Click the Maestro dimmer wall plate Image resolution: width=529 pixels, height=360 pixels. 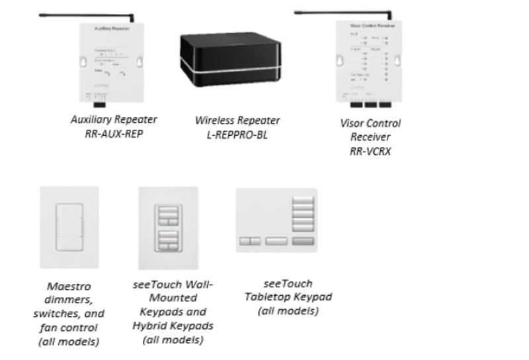tap(69, 227)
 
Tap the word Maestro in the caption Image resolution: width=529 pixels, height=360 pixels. tap(69, 287)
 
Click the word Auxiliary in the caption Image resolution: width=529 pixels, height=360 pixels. tap(91, 120)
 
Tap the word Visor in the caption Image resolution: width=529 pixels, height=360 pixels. tap(352, 123)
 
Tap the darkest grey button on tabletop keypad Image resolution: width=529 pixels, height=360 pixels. tap(301, 242)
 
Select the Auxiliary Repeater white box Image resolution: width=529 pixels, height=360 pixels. tap(112, 63)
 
